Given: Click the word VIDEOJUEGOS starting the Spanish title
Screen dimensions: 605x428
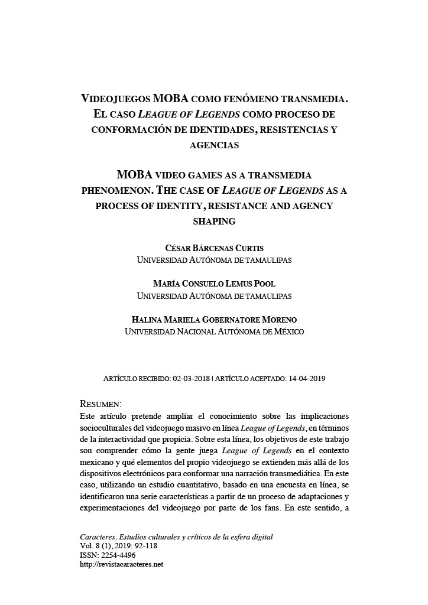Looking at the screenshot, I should click(115, 98).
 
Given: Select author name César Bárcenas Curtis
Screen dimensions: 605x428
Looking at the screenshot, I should click(214, 248).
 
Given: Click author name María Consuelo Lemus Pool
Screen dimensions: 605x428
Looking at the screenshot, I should click(214, 284).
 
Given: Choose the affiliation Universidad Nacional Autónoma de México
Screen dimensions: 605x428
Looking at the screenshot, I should click(214, 332).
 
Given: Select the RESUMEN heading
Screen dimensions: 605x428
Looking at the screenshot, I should click(100, 404).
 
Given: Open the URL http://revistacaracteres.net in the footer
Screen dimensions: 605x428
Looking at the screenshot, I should click(121, 564).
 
